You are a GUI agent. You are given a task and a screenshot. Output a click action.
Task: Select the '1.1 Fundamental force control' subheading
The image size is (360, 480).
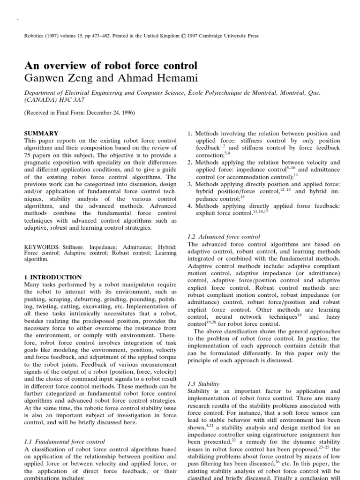64,441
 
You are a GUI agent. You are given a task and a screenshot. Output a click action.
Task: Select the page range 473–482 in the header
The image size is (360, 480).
100,36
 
